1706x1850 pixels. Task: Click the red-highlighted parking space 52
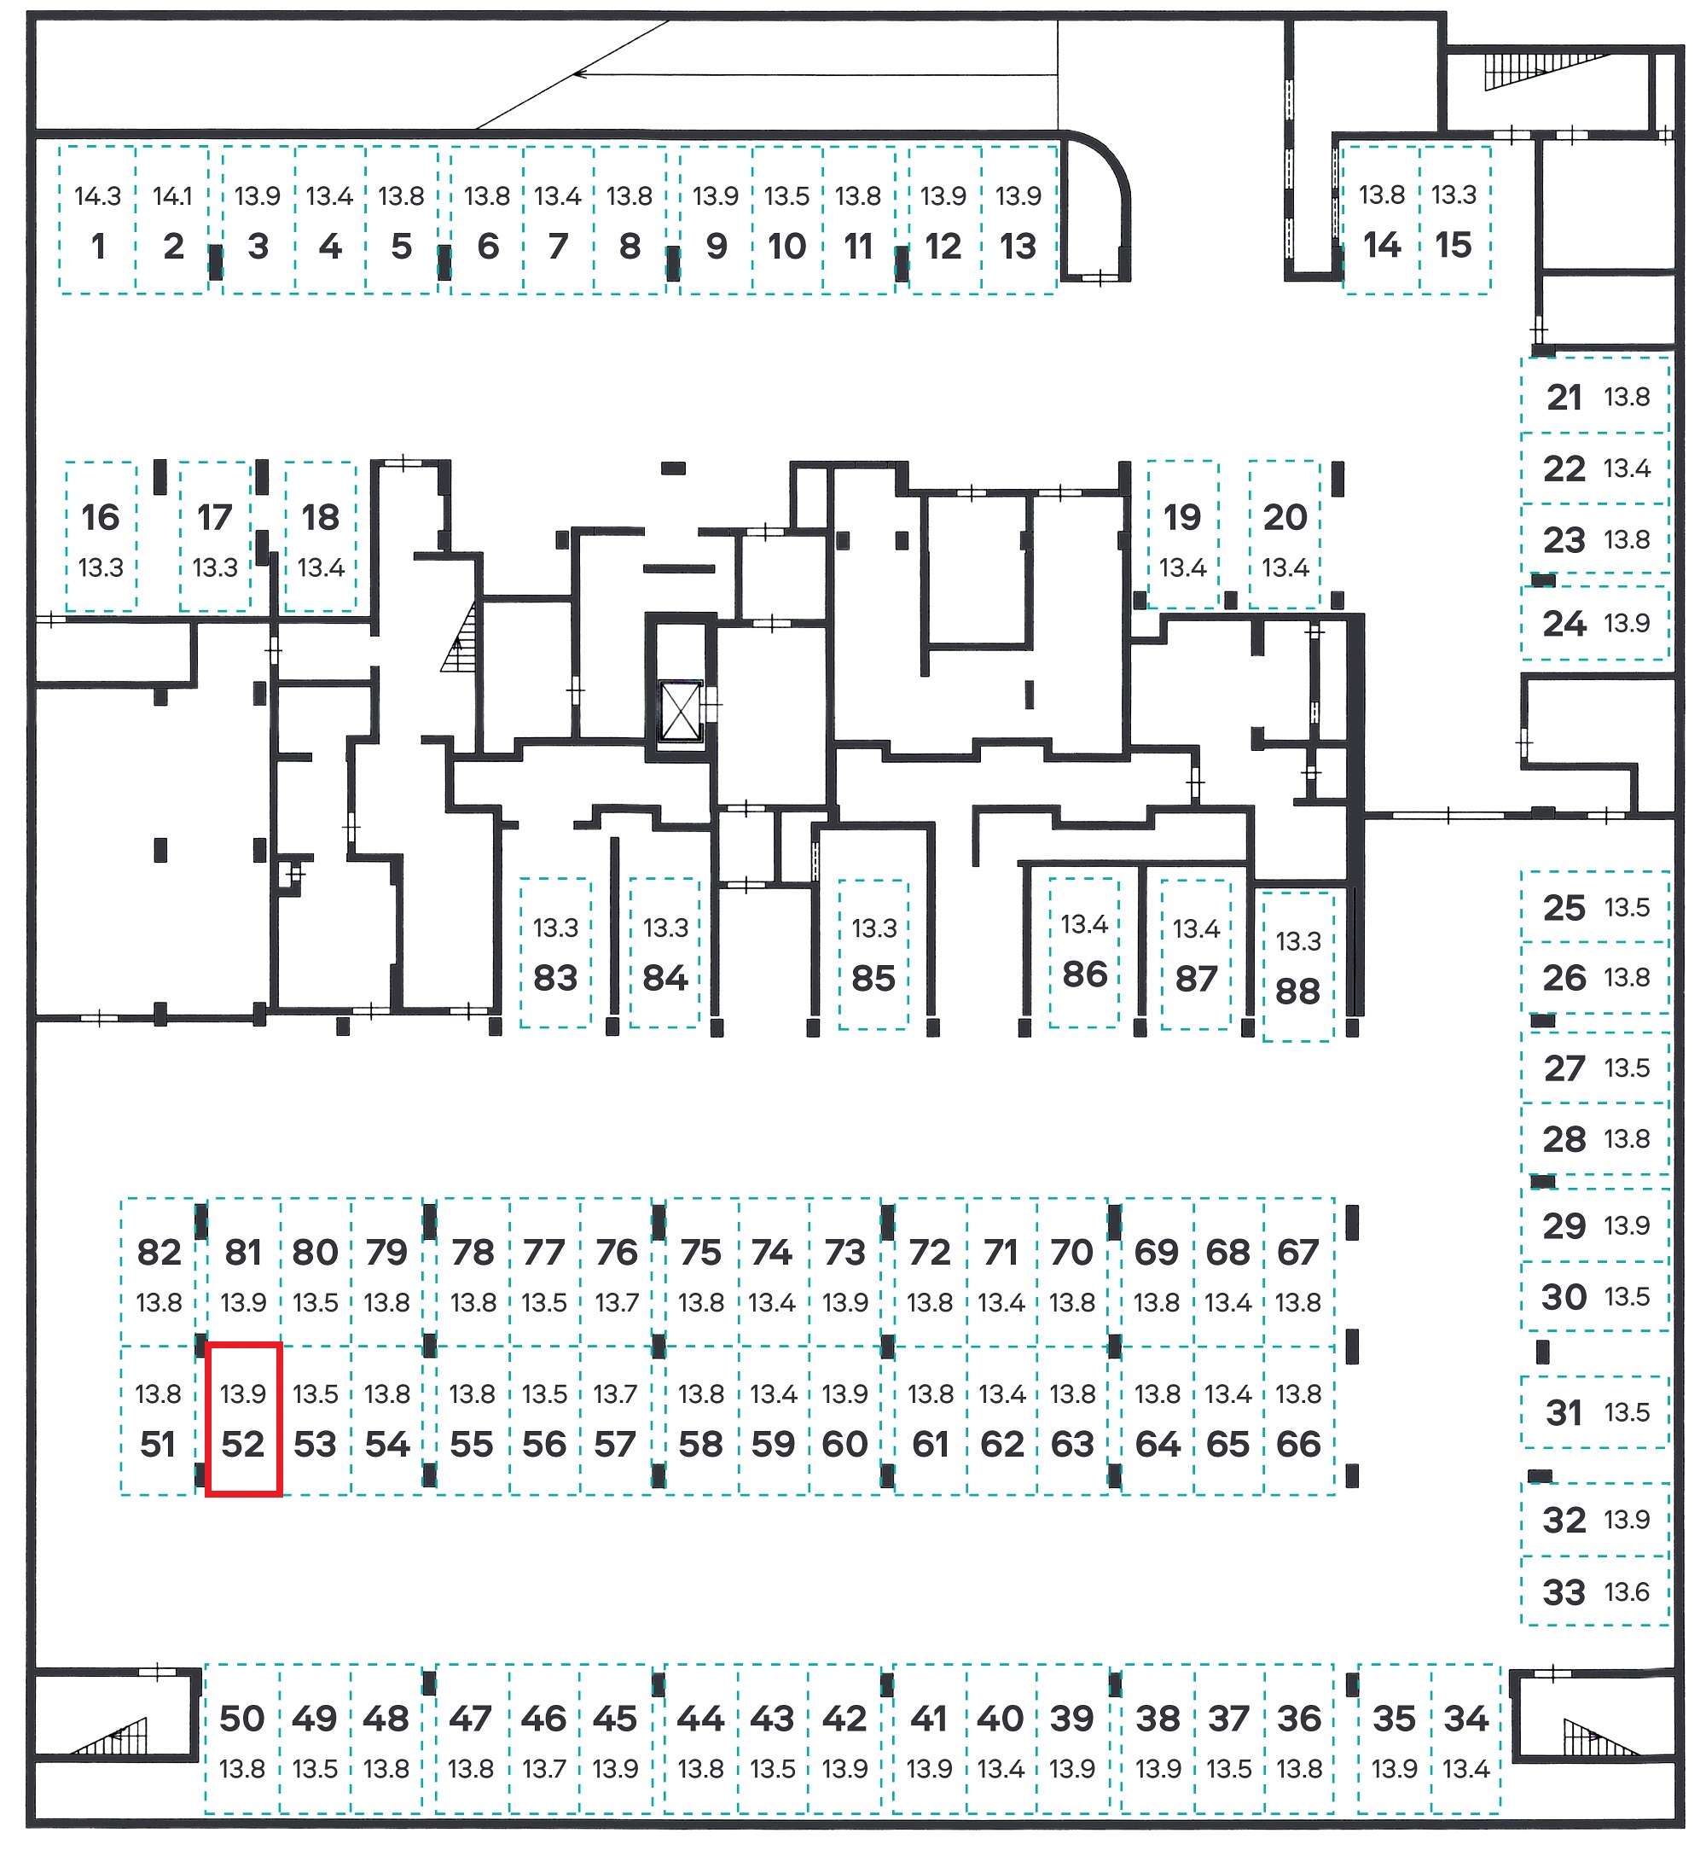pos(243,1419)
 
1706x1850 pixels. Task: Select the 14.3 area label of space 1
pos(98,195)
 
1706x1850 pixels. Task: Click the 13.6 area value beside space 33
pos(1627,1592)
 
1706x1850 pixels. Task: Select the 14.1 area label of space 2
pos(172,195)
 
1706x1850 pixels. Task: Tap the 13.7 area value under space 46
pos(543,1769)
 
